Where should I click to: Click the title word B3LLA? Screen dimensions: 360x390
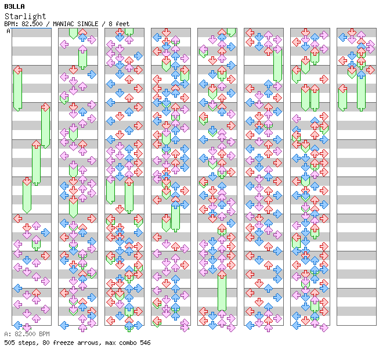[15, 6]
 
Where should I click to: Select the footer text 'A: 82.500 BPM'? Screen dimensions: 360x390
[27, 334]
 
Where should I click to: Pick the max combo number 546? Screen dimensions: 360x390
[145, 343]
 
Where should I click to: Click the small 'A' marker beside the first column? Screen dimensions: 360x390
[9, 31]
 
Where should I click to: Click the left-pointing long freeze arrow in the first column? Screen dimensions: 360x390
[17, 87]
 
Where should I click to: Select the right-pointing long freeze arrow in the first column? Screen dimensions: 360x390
[45, 125]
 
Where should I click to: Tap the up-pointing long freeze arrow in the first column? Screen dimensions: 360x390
[36, 163]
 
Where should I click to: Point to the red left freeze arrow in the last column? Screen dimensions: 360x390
[342, 98]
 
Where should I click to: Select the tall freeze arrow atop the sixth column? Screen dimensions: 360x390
[277, 61]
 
